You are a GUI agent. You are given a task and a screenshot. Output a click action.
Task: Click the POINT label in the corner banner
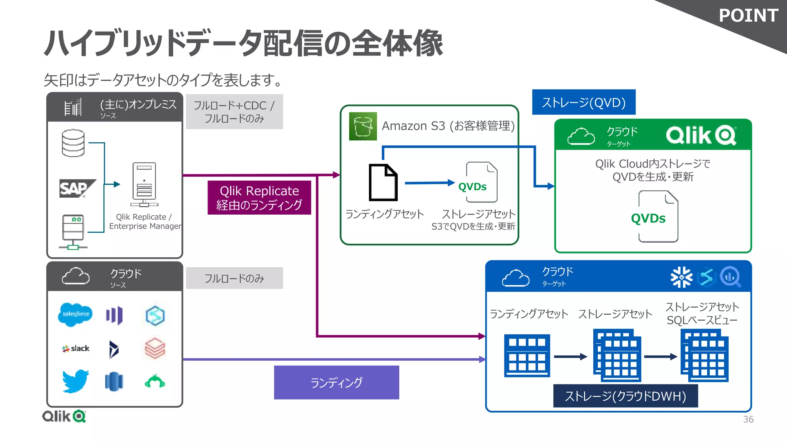(748, 16)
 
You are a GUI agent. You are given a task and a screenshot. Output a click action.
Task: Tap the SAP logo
(76, 188)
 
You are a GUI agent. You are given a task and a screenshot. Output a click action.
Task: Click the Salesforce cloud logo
(75, 314)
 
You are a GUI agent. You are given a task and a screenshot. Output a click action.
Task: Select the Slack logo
(76, 348)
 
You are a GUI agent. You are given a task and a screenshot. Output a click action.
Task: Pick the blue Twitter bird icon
(76, 381)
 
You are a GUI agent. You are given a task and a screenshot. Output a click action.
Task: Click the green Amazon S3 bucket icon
(363, 127)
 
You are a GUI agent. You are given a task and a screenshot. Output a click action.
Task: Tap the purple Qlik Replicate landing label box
(259, 198)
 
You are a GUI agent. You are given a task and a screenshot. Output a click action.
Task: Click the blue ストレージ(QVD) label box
(583, 102)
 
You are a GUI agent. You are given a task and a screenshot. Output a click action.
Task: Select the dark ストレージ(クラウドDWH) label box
(625, 396)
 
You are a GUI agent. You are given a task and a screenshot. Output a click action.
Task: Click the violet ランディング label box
(336, 382)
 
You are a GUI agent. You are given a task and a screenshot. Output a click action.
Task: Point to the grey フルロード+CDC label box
(234, 112)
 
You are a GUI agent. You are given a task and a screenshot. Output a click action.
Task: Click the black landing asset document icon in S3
(383, 182)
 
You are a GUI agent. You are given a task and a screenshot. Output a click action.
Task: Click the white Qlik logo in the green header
(701, 135)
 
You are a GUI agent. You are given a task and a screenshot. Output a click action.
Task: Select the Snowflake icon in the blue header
(681, 277)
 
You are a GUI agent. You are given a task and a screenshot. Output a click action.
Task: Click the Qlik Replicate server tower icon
(144, 184)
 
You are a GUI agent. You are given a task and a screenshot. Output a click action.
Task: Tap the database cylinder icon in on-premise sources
(73, 143)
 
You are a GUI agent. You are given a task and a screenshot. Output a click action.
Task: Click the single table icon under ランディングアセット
(526, 356)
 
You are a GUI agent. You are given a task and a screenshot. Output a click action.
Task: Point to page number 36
(748, 419)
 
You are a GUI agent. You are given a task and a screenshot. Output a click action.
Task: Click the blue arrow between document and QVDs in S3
(429, 183)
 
